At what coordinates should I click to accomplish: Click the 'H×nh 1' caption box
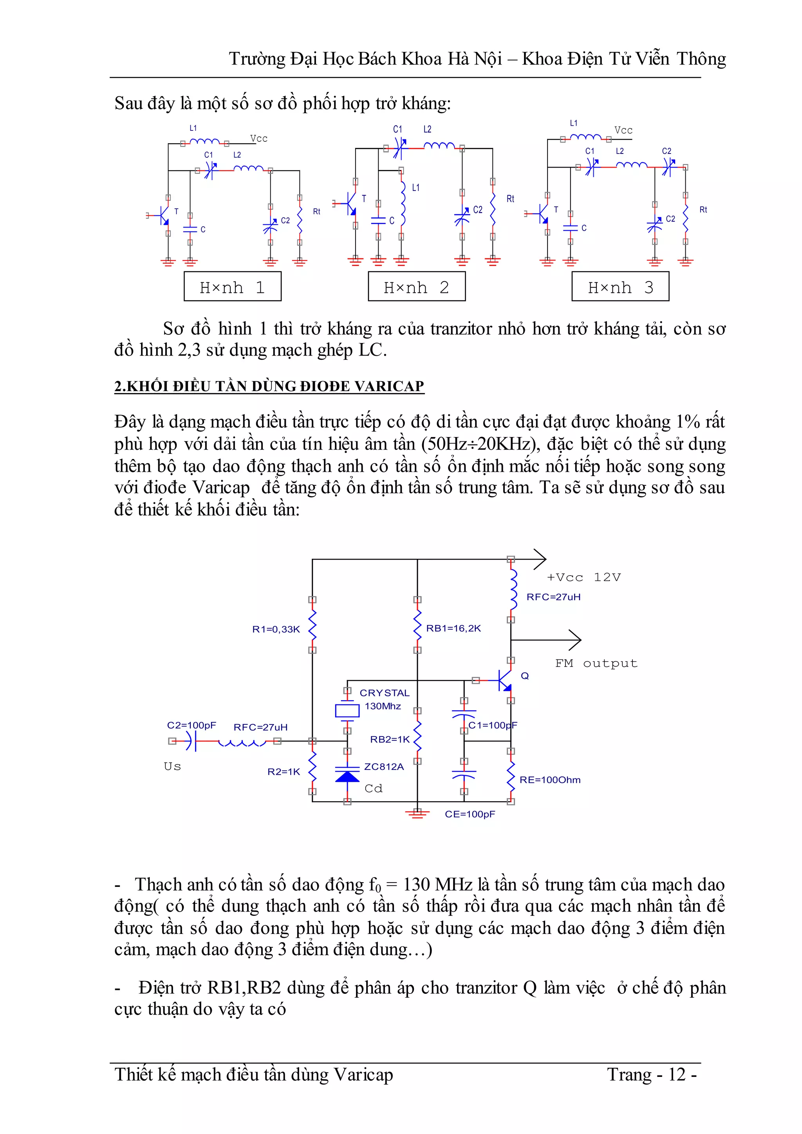coord(232,287)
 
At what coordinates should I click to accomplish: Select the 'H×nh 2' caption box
coord(416,287)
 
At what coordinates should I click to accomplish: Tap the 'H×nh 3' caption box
coord(620,287)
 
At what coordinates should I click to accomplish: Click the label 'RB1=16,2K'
coord(453,628)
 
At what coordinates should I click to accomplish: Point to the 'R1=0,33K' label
coord(276,629)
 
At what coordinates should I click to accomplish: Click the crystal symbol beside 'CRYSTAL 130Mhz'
coord(347,711)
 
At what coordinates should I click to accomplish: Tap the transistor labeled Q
coord(505,681)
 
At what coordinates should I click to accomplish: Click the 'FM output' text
coord(596,663)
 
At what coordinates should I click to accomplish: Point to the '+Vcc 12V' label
coord(584,577)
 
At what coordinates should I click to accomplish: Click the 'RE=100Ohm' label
coord(550,780)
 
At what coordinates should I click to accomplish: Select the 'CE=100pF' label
coord(470,814)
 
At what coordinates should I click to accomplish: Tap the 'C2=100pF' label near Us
coord(191,725)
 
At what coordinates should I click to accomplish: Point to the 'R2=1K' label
coord(284,771)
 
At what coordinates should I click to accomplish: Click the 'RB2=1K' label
coord(390,739)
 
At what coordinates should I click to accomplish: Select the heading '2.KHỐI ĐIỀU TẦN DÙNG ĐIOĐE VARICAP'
coord(269,386)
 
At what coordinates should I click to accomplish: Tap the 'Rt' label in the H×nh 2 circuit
coord(510,199)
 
